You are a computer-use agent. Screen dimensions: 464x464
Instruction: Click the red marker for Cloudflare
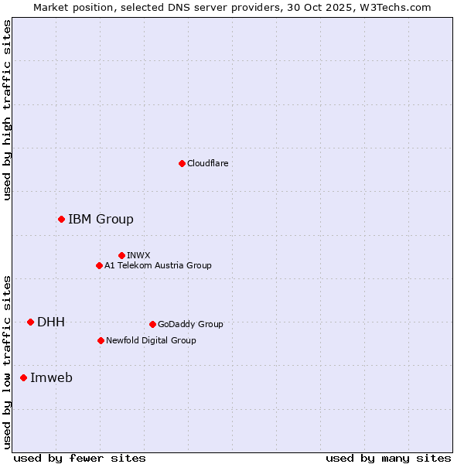point(182,163)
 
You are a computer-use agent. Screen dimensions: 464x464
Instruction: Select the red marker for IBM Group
point(61,220)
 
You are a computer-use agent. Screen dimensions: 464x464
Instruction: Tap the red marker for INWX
point(121,255)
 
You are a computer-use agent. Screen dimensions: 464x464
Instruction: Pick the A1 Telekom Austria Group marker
point(99,265)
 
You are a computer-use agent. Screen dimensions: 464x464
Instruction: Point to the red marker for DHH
point(30,322)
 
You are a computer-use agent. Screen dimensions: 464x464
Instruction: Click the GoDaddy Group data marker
point(152,324)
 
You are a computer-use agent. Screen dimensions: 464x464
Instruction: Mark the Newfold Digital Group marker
point(101,340)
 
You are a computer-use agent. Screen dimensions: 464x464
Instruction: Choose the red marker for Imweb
point(23,377)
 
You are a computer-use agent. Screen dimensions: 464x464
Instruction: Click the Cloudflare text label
point(207,163)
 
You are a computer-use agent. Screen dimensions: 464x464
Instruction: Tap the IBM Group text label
point(101,220)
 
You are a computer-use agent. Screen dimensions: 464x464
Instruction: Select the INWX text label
point(138,255)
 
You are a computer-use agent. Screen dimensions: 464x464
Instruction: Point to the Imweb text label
point(51,377)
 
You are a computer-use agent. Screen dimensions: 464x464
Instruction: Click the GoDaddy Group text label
point(190,324)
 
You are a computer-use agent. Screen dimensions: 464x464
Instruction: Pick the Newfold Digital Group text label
point(151,340)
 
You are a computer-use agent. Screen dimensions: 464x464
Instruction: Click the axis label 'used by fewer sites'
point(80,458)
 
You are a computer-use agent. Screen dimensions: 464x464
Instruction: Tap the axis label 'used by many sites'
point(388,458)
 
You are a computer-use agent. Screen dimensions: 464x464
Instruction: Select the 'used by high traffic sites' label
point(7,110)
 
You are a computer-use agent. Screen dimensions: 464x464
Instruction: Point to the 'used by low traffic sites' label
point(7,362)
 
